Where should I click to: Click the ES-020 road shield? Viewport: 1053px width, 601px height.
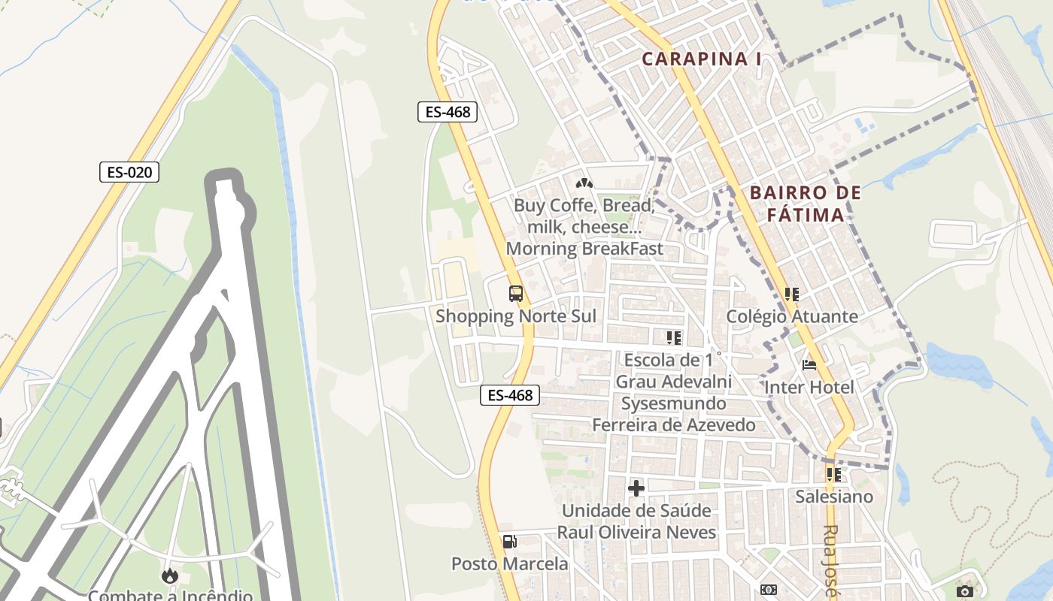[x=129, y=172]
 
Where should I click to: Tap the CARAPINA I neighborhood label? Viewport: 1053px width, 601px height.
[x=702, y=59]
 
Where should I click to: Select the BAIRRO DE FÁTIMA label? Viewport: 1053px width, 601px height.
[x=806, y=204]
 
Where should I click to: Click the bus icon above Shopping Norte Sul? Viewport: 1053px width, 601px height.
[x=516, y=294]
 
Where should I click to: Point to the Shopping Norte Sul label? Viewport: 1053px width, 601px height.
[x=516, y=316]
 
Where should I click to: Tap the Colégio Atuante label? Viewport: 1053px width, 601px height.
[x=791, y=316]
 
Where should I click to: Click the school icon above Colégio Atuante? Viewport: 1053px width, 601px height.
[x=791, y=294]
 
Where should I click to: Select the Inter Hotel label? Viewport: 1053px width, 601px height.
[x=809, y=387]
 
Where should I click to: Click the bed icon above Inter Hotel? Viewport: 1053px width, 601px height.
[x=809, y=366]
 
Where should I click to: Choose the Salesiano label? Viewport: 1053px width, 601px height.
[x=834, y=497]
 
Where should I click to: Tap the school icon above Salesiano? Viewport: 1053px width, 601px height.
[x=833, y=474]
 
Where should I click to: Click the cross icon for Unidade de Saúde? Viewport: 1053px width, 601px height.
[x=636, y=488]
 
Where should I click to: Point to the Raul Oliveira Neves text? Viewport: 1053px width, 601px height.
[x=636, y=533]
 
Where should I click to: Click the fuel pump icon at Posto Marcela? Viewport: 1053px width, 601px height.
[x=509, y=542]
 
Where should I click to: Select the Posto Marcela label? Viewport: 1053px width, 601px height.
[x=510, y=563]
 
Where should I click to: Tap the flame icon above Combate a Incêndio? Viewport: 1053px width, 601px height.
[x=170, y=576]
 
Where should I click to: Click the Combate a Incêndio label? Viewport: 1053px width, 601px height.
[x=170, y=596]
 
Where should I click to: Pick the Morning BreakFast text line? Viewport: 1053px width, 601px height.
[x=584, y=249]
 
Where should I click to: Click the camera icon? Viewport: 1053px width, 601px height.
[x=964, y=592]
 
